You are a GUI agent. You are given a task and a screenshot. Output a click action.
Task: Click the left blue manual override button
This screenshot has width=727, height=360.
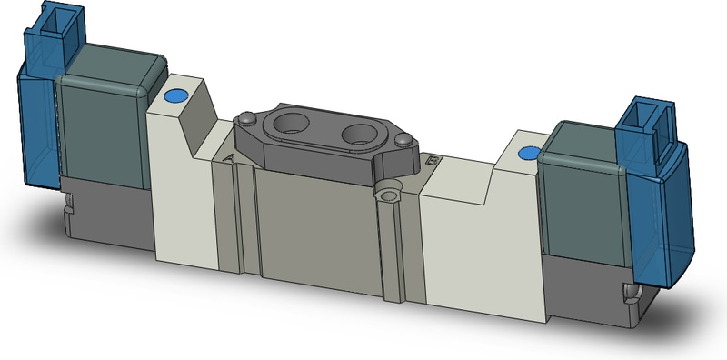174,95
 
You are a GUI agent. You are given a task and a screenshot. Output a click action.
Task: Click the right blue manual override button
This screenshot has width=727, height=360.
525,154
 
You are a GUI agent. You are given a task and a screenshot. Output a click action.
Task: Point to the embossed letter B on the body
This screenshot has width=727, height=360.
432,162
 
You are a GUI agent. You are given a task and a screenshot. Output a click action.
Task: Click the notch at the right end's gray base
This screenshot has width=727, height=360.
631,293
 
